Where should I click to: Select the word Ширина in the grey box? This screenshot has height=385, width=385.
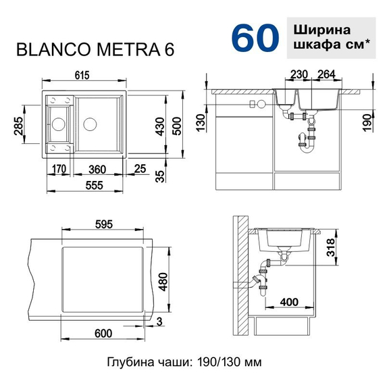[322, 31]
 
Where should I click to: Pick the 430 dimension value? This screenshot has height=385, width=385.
[159, 126]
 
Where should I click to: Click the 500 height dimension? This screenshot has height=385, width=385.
[177, 126]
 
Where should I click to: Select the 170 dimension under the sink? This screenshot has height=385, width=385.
[57, 168]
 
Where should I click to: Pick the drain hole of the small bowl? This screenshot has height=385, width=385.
[58, 124]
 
